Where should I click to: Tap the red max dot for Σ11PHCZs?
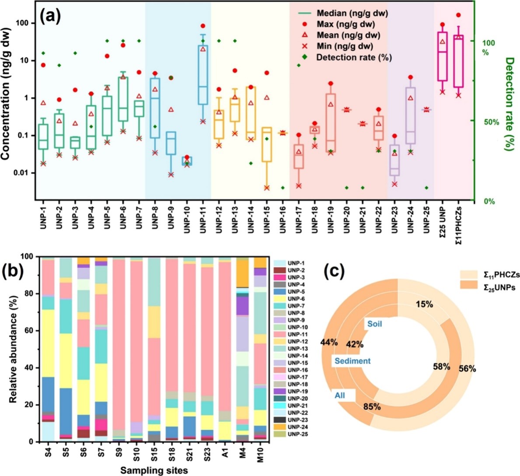458,15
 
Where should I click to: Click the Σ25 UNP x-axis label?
443,221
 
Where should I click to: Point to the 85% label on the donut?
372,406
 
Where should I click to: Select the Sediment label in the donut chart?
352,361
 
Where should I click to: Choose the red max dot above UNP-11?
203,26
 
